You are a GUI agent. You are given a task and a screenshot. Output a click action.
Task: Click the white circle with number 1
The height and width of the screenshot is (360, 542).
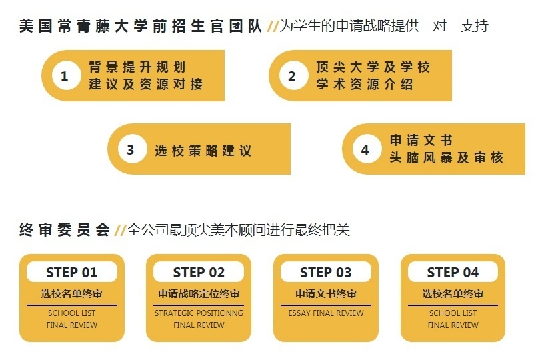(x=64, y=76)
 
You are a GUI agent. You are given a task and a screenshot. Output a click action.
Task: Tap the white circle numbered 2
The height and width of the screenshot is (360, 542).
(x=291, y=76)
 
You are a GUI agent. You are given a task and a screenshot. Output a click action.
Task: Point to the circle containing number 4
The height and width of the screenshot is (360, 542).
(x=365, y=149)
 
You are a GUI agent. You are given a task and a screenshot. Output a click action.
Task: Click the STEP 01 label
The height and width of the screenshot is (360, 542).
(x=71, y=272)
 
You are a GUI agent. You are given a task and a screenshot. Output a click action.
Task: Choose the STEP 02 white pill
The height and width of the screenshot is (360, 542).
(x=199, y=272)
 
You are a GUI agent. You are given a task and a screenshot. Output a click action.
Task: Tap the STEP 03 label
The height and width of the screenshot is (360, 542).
(x=325, y=272)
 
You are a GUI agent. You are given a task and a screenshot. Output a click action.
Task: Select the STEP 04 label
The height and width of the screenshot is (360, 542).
(x=453, y=272)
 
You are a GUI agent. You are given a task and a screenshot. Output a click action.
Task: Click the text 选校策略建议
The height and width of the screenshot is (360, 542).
(x=203, y=151)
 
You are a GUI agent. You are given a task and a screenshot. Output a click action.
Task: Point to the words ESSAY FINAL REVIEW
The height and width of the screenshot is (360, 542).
(x=326, y=313)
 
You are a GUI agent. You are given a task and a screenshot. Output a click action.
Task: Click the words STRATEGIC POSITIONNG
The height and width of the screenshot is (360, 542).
(x=199, y=313)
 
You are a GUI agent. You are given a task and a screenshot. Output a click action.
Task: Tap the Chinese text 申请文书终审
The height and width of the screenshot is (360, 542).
(x=326, y=294)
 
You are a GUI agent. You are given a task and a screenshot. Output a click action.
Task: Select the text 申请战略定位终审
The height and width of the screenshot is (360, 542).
(x=199, y=294)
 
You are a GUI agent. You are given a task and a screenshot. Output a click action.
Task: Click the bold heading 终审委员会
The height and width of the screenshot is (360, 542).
(x=64, y=230)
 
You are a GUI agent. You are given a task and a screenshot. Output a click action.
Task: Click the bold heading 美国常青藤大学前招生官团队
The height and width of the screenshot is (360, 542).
(x=140, y=26)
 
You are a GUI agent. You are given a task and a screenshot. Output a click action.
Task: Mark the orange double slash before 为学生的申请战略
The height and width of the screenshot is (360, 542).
(x=272, y=27)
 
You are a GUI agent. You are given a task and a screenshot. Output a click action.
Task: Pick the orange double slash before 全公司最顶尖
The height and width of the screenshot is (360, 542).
(x=120, y=231)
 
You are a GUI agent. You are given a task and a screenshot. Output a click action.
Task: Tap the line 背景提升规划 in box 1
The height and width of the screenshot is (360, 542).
(x=137, y=67)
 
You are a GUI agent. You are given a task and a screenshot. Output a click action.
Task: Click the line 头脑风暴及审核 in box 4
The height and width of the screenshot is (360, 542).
(x=446, y=158)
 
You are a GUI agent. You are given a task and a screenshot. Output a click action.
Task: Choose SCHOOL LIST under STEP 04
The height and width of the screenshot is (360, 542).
(x=453, y=313)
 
